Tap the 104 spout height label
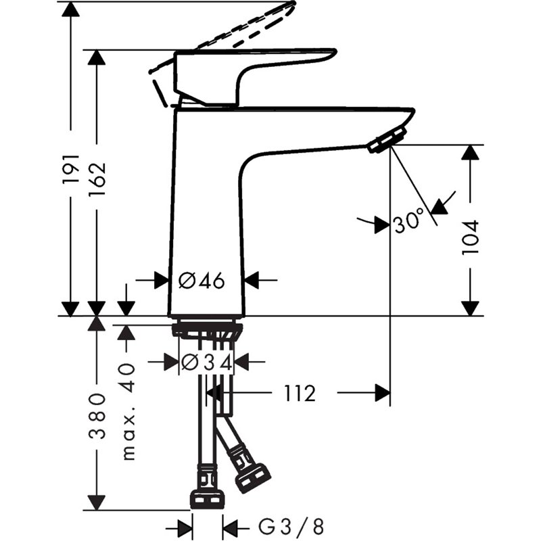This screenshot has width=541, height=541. click(x=470, y=236)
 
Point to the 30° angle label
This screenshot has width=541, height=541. click(x=408, y=221)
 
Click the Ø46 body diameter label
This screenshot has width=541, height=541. click(x=201, y=280)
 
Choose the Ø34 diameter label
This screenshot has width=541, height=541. click(x=206, y=362)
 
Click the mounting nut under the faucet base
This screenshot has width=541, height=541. click(x=207, y=331)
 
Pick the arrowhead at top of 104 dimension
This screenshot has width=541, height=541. click(x=471, y=153)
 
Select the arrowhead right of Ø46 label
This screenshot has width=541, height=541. click(x=252, y=279)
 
